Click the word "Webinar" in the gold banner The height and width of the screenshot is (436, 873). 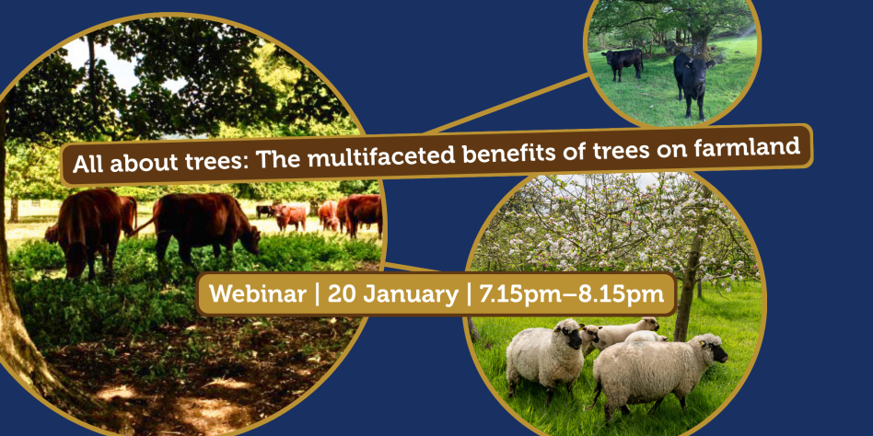[x=258, y=294]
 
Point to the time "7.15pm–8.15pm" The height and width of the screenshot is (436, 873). [x=565, y=294]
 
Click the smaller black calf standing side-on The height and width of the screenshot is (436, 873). [x=623, y=63]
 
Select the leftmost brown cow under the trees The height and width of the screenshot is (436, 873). [x=85, y=229]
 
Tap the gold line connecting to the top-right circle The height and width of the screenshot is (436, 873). [x=507, y=103]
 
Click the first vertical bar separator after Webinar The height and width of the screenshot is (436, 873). [x=317, y=294]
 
